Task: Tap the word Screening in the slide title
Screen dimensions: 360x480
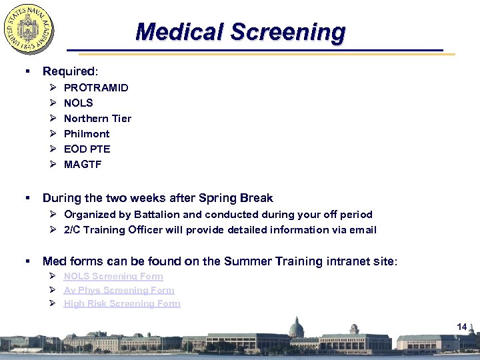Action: pyautogui.click(x=288, y=31)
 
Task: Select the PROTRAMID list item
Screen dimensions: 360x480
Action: pyautogui.click(x=96, y=87)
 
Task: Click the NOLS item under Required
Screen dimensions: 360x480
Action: pyautogui.click(x=78, y=103)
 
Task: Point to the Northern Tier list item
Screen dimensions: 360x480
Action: pyautogui.click(x=97, y=118)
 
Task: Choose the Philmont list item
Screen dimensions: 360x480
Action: pyautogui.click(x=87, y=133)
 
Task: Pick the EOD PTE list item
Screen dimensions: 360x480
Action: pyautogui.click(x=87, y=149)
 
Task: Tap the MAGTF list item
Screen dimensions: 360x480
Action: pyautogui.click(x=83, y=164)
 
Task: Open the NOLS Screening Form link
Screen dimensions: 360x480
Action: pyautogui.click(x=113, y=276)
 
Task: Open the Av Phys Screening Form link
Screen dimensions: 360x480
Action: pyautogui.click(x=119, y=290)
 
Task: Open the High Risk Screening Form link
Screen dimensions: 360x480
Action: pyautogui.click(x=122, y=303)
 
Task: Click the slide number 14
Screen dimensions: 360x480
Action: pyautogui.click(x=461, y=326)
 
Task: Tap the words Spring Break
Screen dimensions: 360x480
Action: pyautogui.click(x=241, y=198)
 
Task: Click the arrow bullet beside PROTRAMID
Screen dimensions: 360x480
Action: pyautogui.click(x=53, y=87)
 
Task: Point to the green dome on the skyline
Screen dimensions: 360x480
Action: pyautogui.click(x=296, y=326)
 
